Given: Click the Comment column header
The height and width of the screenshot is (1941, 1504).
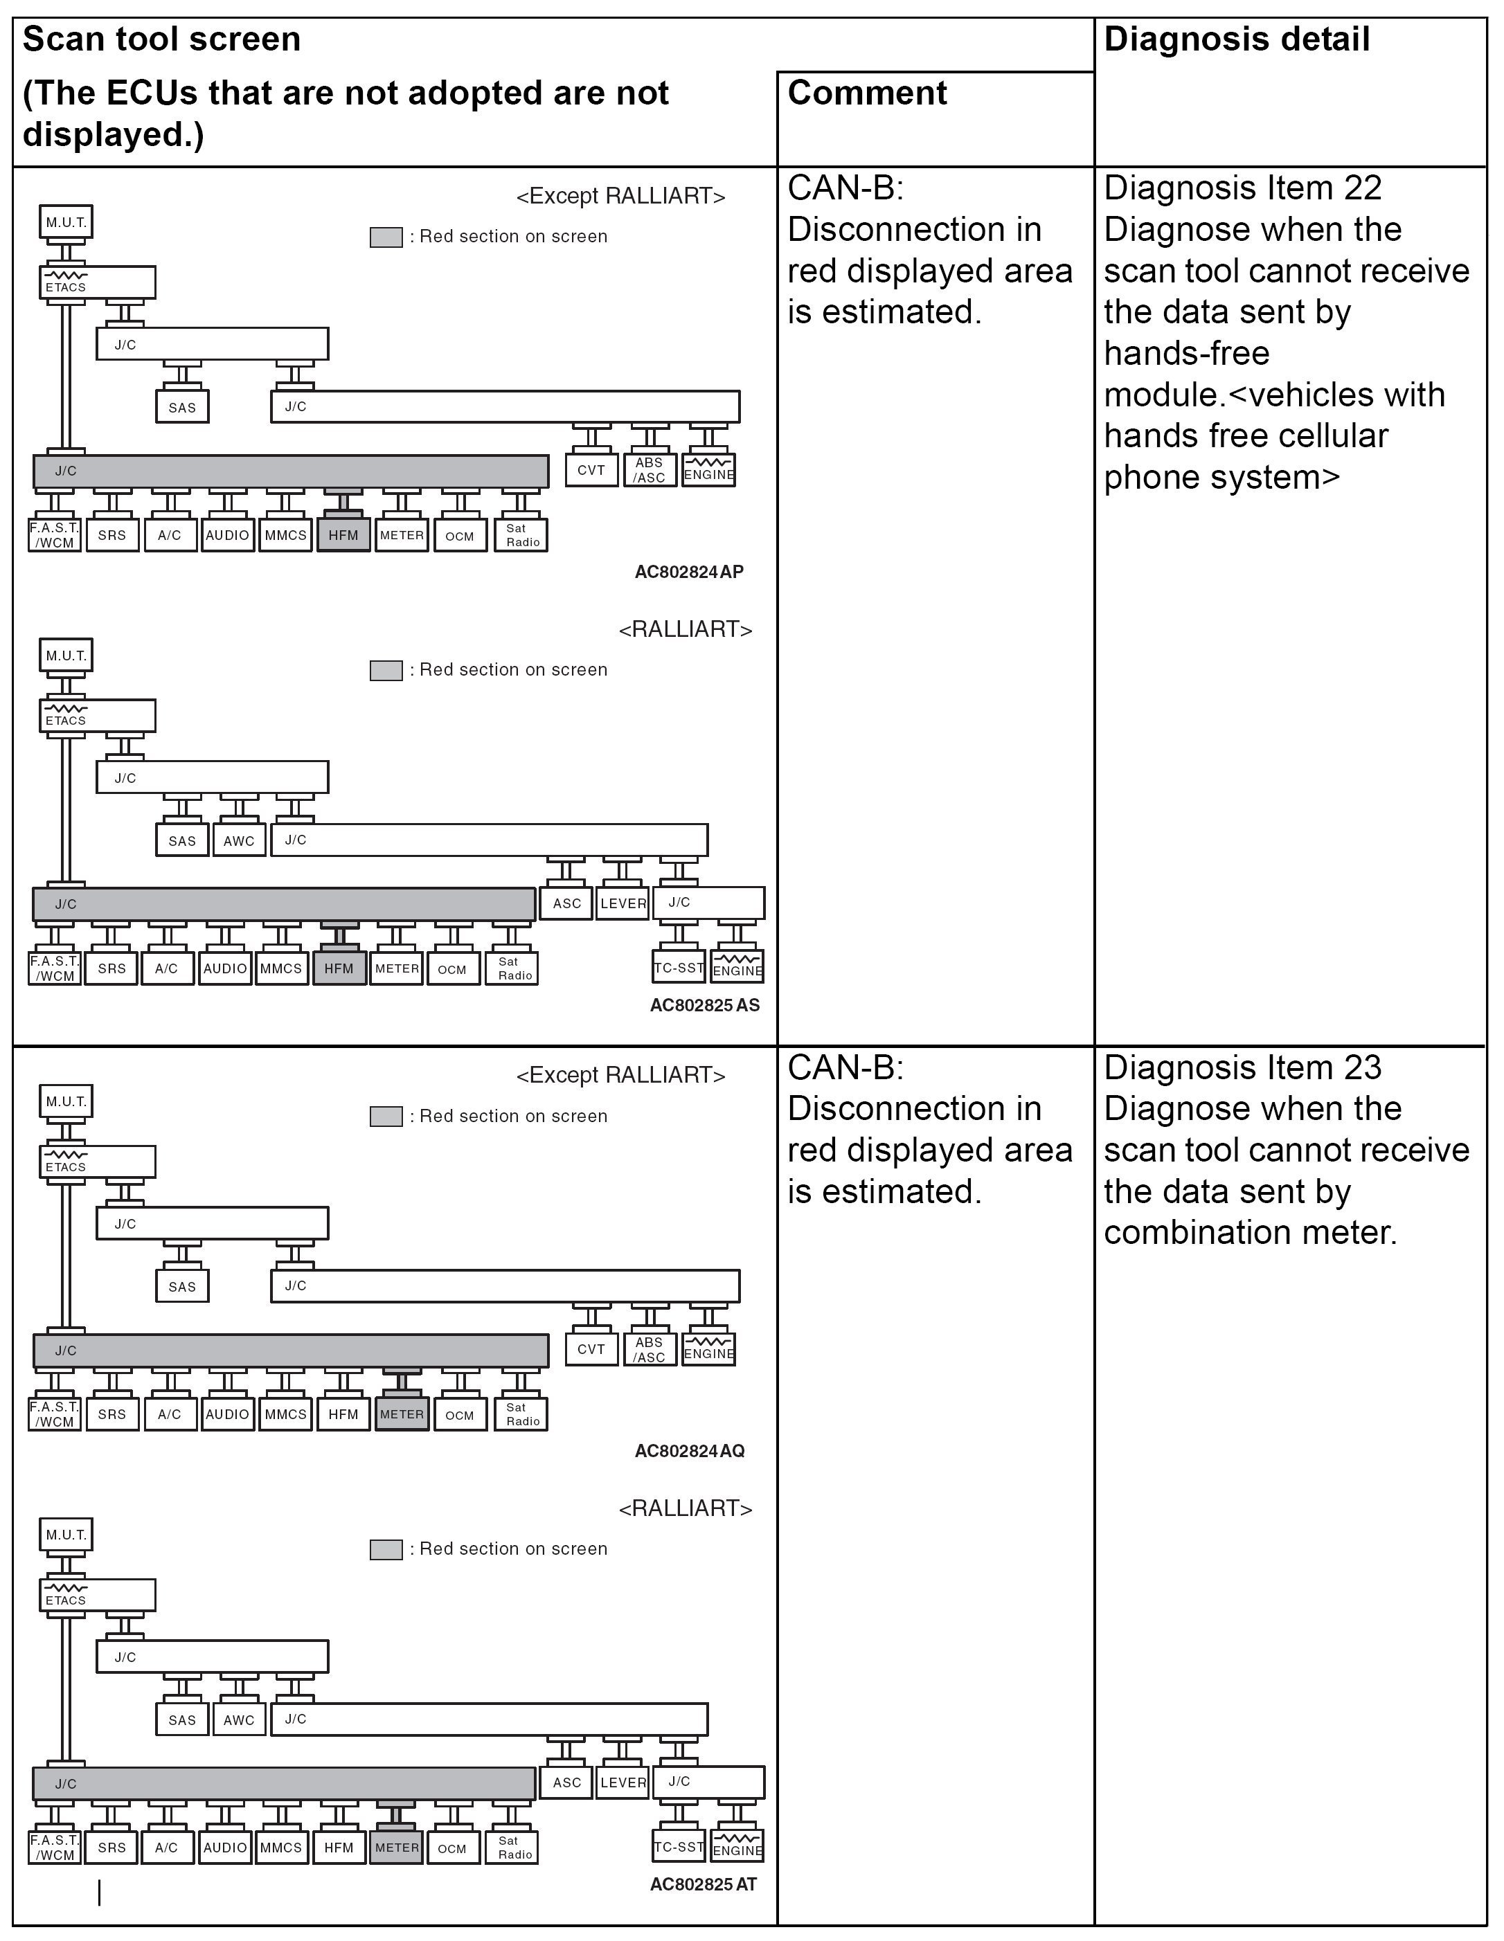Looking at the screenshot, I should [867, 93].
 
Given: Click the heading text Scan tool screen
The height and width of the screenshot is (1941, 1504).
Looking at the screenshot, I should [162, 40].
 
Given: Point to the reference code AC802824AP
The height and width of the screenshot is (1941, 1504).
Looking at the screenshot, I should [689, 572].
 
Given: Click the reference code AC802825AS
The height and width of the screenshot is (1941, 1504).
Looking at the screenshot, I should [704, 1005].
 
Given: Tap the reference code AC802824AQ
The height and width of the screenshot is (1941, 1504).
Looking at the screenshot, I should [689, 1452].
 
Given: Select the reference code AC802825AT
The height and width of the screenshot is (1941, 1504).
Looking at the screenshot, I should [703, 1884].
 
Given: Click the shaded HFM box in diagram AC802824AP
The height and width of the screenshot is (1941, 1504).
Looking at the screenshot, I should [343, 535].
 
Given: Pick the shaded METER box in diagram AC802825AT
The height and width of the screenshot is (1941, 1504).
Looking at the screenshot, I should [397, 1848].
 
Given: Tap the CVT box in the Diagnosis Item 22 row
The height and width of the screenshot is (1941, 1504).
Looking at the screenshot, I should [591, 470].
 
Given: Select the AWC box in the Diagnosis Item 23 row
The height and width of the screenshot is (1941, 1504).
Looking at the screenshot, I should [238, 1719].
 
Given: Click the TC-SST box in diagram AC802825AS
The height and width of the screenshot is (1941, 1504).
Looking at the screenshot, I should [679, 968].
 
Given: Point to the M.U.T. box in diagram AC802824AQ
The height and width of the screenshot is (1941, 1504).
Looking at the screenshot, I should [66, 1102].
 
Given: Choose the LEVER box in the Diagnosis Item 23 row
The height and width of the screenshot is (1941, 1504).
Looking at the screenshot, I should [623, 1782].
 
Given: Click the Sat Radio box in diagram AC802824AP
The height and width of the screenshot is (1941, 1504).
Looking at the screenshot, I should [523, 535].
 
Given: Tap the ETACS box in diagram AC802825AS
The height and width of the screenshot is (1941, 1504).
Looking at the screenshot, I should [98, 716].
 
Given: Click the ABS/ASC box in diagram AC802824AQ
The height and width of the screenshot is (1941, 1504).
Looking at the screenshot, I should [650, 1349].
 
